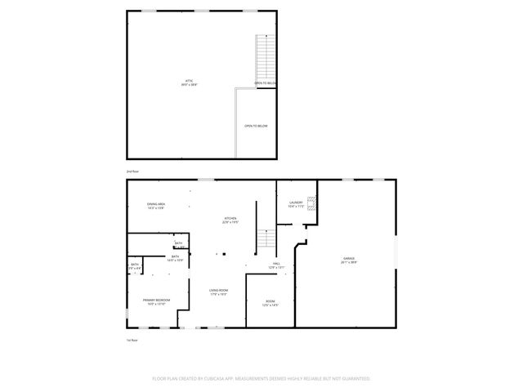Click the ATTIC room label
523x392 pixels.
(x=189, y=80)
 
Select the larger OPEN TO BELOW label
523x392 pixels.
(x=256, y=126)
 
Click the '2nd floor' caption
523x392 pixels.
(x=132, y=171)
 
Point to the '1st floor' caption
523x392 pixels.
(x=131, y=340)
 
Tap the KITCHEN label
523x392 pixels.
(x=231, y=218)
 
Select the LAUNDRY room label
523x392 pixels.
(x=296, y=203)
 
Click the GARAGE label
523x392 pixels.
(x=349, y=259)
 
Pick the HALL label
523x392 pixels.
(x=276, y=263)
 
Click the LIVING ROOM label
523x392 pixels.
(x=218, y=290)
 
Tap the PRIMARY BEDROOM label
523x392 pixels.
(x=157, y=300)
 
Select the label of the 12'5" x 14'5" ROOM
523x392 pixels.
(x=270, y=301)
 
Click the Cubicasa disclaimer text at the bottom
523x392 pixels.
(x=261, y=378)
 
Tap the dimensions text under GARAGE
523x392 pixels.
(x=349, y=263)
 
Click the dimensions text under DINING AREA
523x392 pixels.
(x=157, y=208)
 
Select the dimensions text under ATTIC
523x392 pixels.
(x=189, y=84)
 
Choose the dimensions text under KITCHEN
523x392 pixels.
(x=231, y=222)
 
